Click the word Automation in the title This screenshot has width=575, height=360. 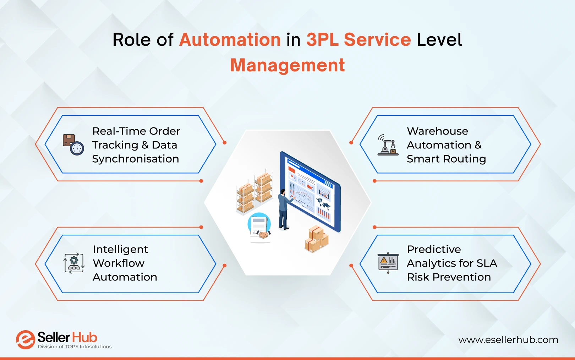230,39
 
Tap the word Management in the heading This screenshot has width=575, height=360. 287,65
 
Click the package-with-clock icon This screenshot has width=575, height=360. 73,144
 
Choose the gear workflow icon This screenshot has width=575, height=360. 74,263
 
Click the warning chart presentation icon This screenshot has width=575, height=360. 388,263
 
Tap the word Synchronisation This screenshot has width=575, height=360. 136,159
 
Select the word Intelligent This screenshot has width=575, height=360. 120,249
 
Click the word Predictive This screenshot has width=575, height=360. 434,249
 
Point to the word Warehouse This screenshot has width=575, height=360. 437,131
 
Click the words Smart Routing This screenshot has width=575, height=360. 446,159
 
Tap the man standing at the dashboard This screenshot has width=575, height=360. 284,209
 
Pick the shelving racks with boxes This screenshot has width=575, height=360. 254,192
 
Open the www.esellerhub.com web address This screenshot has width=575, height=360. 508,340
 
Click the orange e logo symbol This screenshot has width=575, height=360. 25,340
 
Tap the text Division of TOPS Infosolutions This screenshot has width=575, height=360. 75,347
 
